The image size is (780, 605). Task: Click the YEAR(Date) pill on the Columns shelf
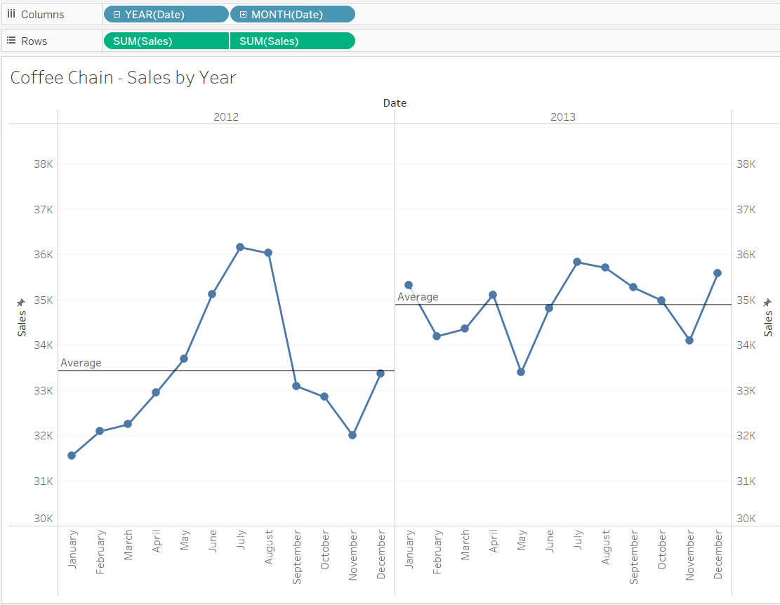pos(166,15)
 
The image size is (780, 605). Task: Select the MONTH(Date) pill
pos(293,15)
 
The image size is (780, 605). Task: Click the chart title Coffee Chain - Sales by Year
pos(124,77)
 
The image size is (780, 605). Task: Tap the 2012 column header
pos(226,117)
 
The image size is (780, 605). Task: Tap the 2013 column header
pos(562,117)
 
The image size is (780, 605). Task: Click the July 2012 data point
pos(240,247)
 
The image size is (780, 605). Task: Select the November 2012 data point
pos(352,435)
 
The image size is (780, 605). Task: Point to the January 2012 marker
pos(72,456)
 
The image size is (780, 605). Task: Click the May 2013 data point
pos(521,372)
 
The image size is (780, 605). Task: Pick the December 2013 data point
pos(718,273)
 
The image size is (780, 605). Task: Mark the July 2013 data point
pos(577,262)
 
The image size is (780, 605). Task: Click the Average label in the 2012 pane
pos(81,363)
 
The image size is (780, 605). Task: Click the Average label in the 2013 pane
pos(418,297)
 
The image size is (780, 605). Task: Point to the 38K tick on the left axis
pos(44,164)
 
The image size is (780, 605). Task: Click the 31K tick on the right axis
pos(746,481)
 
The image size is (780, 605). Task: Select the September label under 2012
pos(296,557)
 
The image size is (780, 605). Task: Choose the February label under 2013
pos(437,552)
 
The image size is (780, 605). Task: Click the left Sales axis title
pos(22,324)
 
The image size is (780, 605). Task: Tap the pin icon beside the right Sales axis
pos(767,302)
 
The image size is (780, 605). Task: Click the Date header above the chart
pos(395,103)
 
